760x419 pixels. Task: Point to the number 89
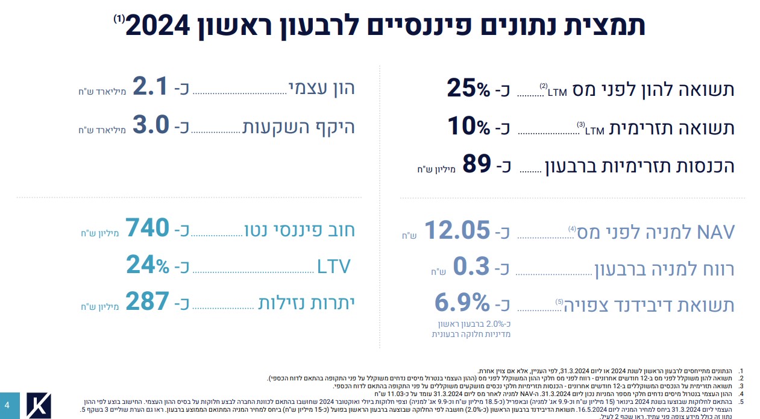click(478, 165)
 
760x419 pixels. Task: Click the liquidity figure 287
click(148, 302)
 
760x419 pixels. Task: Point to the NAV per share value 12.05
click(456, 230)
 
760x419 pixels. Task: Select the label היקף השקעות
click(298, 127)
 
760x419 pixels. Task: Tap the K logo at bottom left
click(39, 405)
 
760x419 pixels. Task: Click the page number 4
click(7, 405)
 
